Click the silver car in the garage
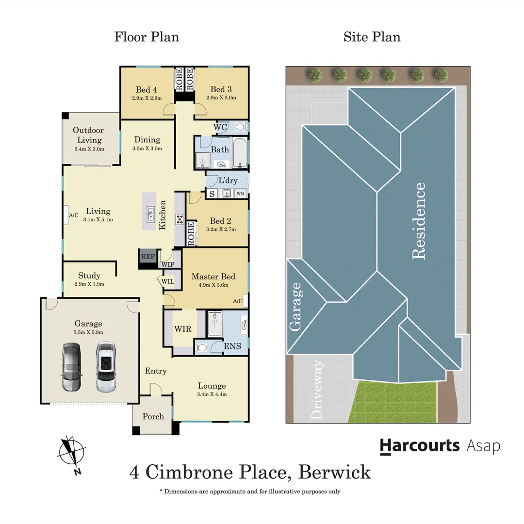pos(71,367)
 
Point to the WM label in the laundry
pos(240,194)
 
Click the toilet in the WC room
pos(239,127)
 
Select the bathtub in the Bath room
pos(239,153)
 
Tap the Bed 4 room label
pos(146,89)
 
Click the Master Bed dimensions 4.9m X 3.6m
pos(213,286)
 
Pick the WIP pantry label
pos(167,265)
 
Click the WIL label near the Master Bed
pos(168,281)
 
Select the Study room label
pos(89,276)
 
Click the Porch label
pos(153,416)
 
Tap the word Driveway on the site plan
pos(318,390)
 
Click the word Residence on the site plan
pos(418,221)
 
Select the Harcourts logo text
pos(419,445)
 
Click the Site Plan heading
pos(372,37)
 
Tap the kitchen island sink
pos(151,212)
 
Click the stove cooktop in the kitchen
pos(179,219)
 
